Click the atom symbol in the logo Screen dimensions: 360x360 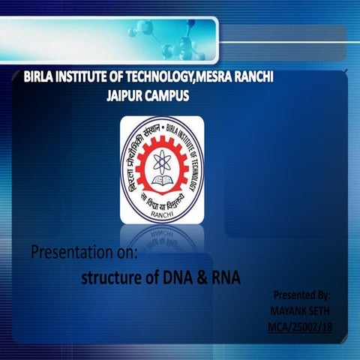[x=162, y=160]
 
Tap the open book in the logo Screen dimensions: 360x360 [x=161, y=180]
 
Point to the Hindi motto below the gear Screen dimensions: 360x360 [x=162, y=203]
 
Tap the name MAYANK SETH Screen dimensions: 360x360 [x=300, y=311]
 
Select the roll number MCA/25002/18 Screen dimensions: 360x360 [x=298, y=327]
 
